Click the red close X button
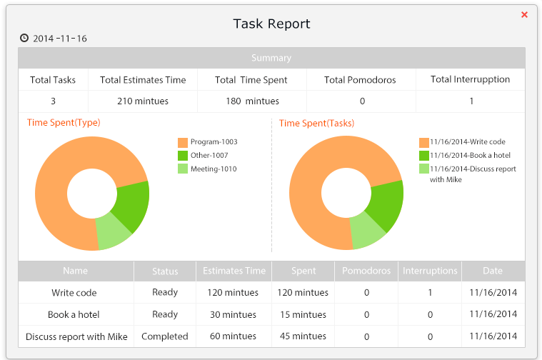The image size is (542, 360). pos(524,14)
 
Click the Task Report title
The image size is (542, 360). pos(271,24)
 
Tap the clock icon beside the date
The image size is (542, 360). pos(24,38)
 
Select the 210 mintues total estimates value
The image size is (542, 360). pos(143,101)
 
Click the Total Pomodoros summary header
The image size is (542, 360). pos(360,79)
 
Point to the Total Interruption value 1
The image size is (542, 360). pos(471,101)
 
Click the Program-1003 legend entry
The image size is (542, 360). pos(214,142)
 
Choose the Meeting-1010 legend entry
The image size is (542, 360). pos(214,169)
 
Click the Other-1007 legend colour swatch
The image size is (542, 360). pos(183,156)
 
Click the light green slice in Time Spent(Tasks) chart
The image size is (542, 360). pos(367,232)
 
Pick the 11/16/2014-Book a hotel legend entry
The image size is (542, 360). pos(470,155)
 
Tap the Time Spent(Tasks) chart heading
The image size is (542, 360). pos(316,123)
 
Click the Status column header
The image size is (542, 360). pos(165,271)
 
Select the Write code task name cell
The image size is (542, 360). pos(74,292)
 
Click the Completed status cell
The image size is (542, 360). pos(165,336)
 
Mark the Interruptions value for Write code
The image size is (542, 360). pos(430,292)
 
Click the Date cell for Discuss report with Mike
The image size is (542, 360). pos(493,336)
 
